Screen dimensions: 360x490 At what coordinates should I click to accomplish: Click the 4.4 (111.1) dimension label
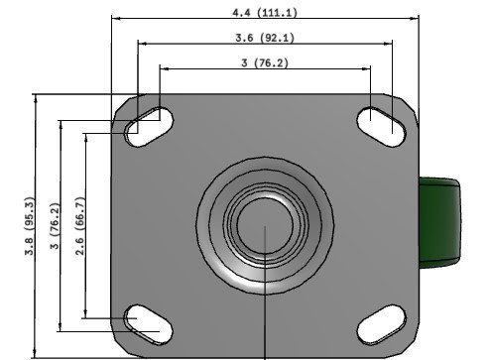(x=263, y=12)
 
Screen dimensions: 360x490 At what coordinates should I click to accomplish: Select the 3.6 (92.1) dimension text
(x=263, y=38)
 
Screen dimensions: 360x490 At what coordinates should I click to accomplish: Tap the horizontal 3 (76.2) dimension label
(x=264, y=62)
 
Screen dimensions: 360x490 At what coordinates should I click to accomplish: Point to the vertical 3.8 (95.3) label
(x=30, y=227)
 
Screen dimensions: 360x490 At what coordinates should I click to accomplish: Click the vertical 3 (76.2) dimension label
(x=56, y=226)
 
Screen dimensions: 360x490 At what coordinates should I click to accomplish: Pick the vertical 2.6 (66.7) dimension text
(x=80, y=225)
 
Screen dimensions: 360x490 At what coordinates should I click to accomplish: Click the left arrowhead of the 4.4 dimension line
(x=116, y=18)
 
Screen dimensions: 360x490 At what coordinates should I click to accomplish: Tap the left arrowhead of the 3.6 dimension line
(x=140, y=44)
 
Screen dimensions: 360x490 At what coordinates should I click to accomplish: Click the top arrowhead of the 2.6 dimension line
(x=87, y=136)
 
